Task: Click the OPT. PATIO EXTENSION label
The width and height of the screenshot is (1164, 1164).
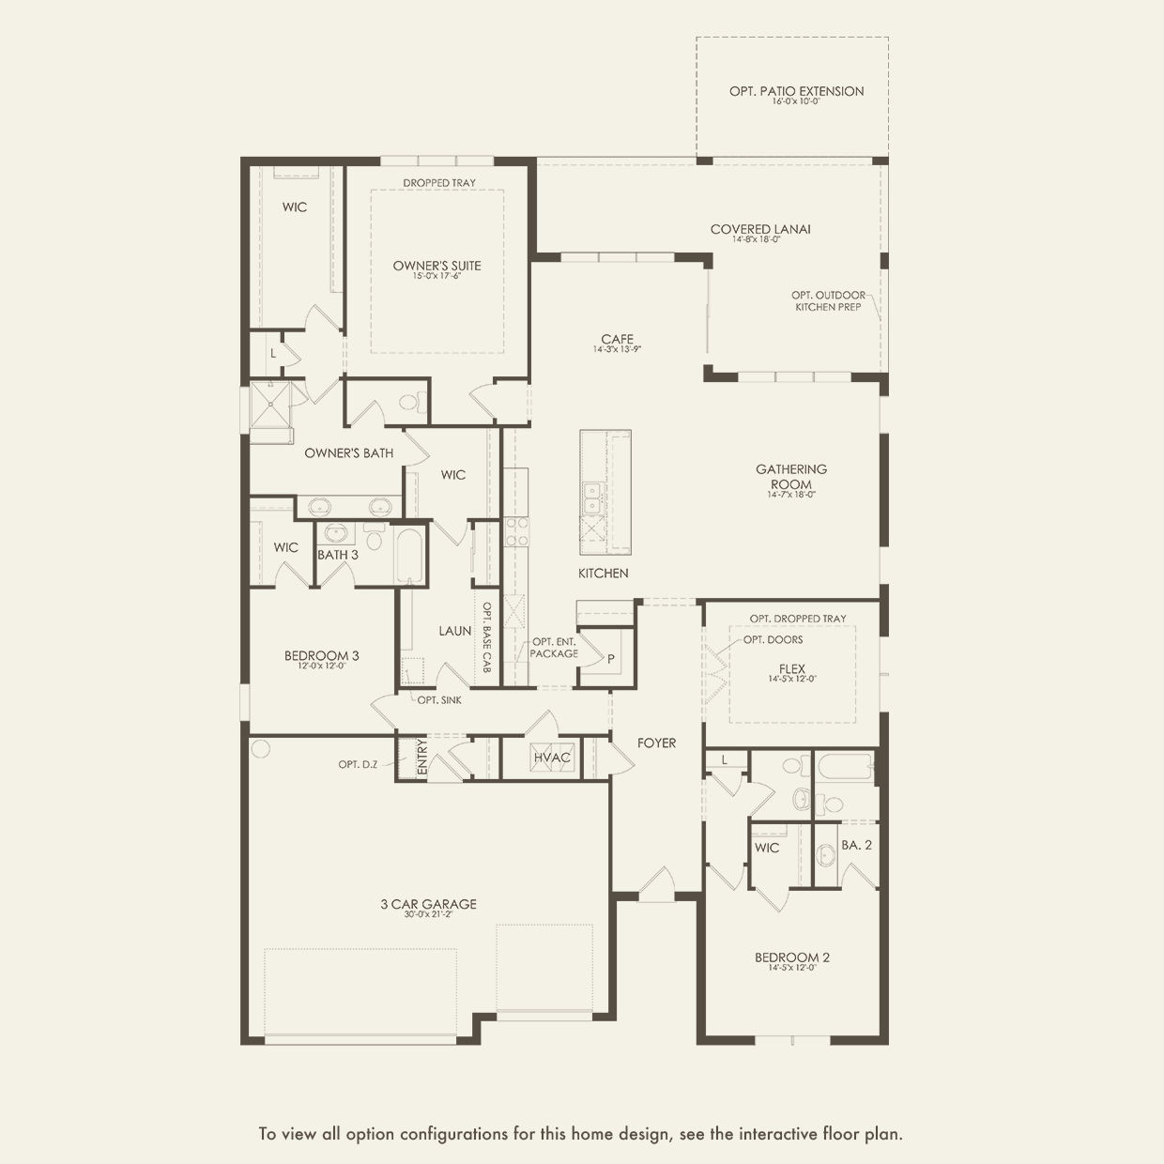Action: (796, 91)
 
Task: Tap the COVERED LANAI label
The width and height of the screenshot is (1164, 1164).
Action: (760, 229)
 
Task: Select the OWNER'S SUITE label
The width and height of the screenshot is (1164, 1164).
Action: (436, 266)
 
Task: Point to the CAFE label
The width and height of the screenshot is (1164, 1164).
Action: (617, 339)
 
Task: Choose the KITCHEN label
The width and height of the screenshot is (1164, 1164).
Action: (603, 573)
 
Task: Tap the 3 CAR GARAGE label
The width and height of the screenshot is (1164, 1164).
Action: (428, 904)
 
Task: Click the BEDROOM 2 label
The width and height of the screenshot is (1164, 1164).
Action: (792, 957)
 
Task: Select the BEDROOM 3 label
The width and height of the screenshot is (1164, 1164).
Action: (322, 655)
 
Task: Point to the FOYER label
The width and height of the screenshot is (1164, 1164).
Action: (656, 743)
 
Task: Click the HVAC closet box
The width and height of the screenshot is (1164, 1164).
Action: (551, 758)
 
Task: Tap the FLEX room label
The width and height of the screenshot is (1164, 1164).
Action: (791, 669)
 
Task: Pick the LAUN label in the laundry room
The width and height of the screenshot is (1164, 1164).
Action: (454, 631)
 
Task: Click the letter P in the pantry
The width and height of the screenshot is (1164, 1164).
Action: (611, 659)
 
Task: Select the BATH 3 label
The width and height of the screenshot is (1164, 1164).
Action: (337, 555)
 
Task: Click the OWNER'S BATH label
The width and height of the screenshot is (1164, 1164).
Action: (348, 453)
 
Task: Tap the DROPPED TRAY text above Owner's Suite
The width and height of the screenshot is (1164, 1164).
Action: (439, 183)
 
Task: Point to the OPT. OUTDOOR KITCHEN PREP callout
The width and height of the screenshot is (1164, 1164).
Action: (827, 300)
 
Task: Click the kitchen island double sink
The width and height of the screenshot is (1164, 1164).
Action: (592, 498)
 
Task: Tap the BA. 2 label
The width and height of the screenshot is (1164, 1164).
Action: (856, 845)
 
